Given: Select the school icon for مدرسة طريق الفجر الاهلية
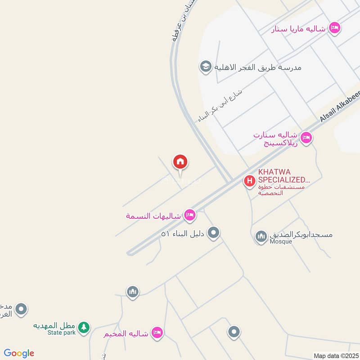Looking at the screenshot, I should [x=206, y=67].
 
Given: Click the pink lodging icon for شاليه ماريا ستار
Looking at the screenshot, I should [x=334, y=28].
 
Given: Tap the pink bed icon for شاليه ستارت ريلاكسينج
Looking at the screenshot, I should [x=306, y=138].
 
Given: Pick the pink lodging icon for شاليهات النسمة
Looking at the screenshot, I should [x=190, y=216].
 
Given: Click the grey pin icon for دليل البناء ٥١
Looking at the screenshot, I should [x=214, y=233].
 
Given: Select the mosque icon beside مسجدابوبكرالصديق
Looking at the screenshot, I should [x=261, y=236].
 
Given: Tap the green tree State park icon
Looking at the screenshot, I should [x=83, y=328].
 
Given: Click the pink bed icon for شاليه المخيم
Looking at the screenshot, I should [x=157, y=333].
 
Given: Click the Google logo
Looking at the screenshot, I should [x=19, y=353].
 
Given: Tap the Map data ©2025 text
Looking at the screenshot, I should [x=335, y=355].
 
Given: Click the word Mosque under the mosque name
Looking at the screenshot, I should [x=281, y=242].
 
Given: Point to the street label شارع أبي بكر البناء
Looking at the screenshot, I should [x=220, y=106].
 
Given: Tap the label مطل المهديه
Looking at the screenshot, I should [x=54, y=325].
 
